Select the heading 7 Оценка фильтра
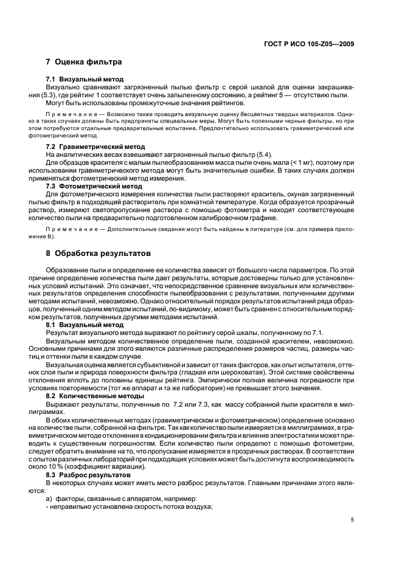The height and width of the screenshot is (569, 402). pos(84,62)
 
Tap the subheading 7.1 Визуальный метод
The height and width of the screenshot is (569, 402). pos(85,79)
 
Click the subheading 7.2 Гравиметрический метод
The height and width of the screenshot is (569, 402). pos(95,147)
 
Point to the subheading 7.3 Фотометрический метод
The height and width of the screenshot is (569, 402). pos(95,186)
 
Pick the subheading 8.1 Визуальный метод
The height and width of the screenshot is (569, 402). pos(85,325)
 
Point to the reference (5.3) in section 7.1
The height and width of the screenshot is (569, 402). pos(54,95)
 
